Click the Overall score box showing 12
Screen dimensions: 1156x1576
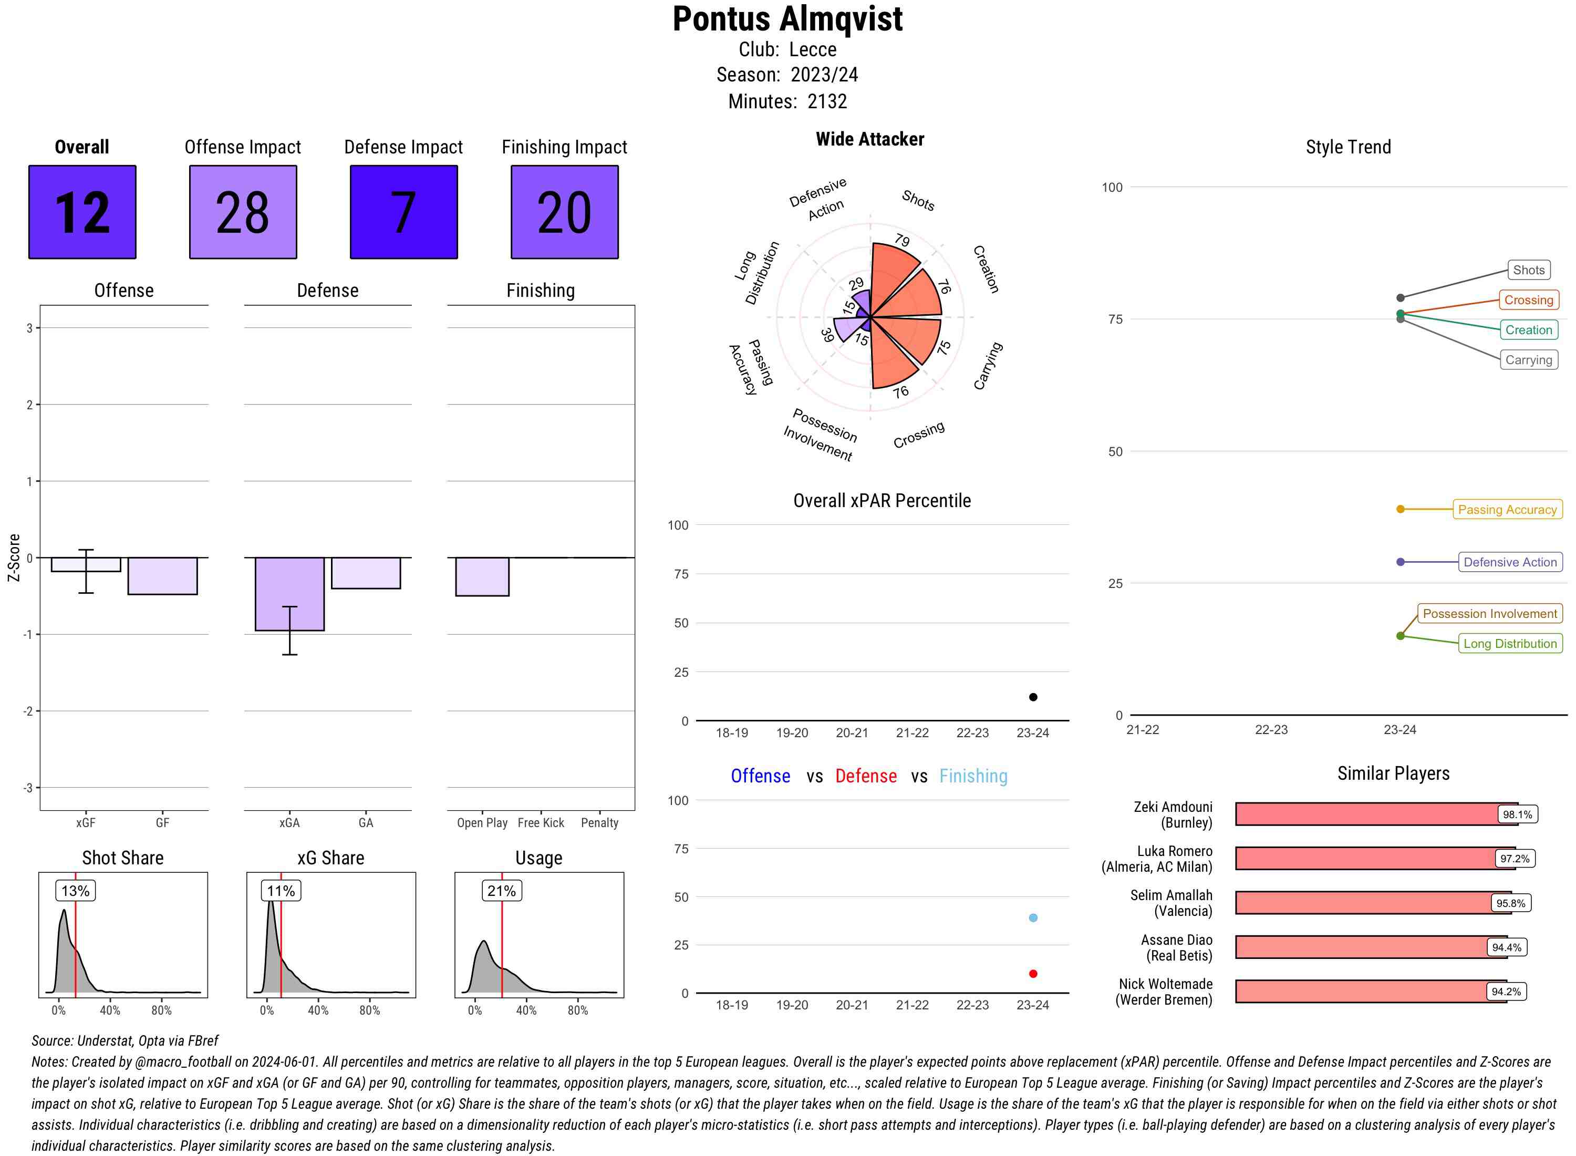point(82,212)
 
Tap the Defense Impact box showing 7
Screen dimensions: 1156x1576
point(403,212)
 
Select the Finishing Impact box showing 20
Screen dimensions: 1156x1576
point(565,212)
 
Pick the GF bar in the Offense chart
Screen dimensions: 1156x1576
point(162,576)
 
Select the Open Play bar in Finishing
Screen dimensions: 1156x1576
point(482,576)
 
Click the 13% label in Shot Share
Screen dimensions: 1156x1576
point(76,891)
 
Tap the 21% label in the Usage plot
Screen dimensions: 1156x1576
point(502,891)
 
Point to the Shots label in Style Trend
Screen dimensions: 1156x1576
point(1528,270)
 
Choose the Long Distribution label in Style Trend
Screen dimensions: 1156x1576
point(1510,644)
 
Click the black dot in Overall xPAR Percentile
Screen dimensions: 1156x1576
point(1033,697)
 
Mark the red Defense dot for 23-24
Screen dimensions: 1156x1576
point(1033,973)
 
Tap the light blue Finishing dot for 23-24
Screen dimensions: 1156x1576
point(1033,917)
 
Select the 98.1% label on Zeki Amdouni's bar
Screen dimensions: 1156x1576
point(1517,814)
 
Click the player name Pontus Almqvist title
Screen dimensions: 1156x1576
point(787,19)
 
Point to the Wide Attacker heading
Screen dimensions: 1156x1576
point(869,139)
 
